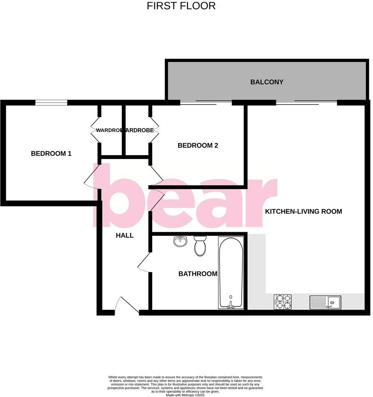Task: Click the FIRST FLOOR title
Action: click(x=181, y=6)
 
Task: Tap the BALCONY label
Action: click(x=267, y=82)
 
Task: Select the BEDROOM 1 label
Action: click(x=51, y=153)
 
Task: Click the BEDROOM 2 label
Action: click(x=198, y=146)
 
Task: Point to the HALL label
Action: click(x=125, y=235)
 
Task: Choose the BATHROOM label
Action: click(x=198, y=274)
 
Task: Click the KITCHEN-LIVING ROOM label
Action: click(x=303, y=212)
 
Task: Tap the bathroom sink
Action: click(x=181, y=241)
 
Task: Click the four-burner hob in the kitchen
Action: click(x=283, y=302)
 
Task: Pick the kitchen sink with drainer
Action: click(x=325, y=302)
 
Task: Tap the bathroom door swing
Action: click(x=145, y=263)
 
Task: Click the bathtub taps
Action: click(x=231, y=306)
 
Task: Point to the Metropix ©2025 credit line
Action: click(x=185, y=395)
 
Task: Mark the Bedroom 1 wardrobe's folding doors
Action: click(x=95, y=130)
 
